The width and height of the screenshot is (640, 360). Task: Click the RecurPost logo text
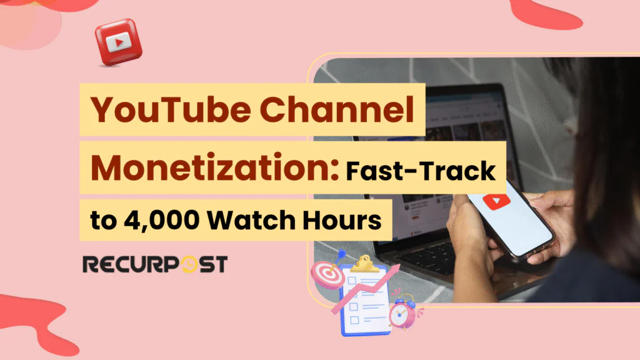154,263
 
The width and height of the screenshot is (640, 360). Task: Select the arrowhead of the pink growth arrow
396,269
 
